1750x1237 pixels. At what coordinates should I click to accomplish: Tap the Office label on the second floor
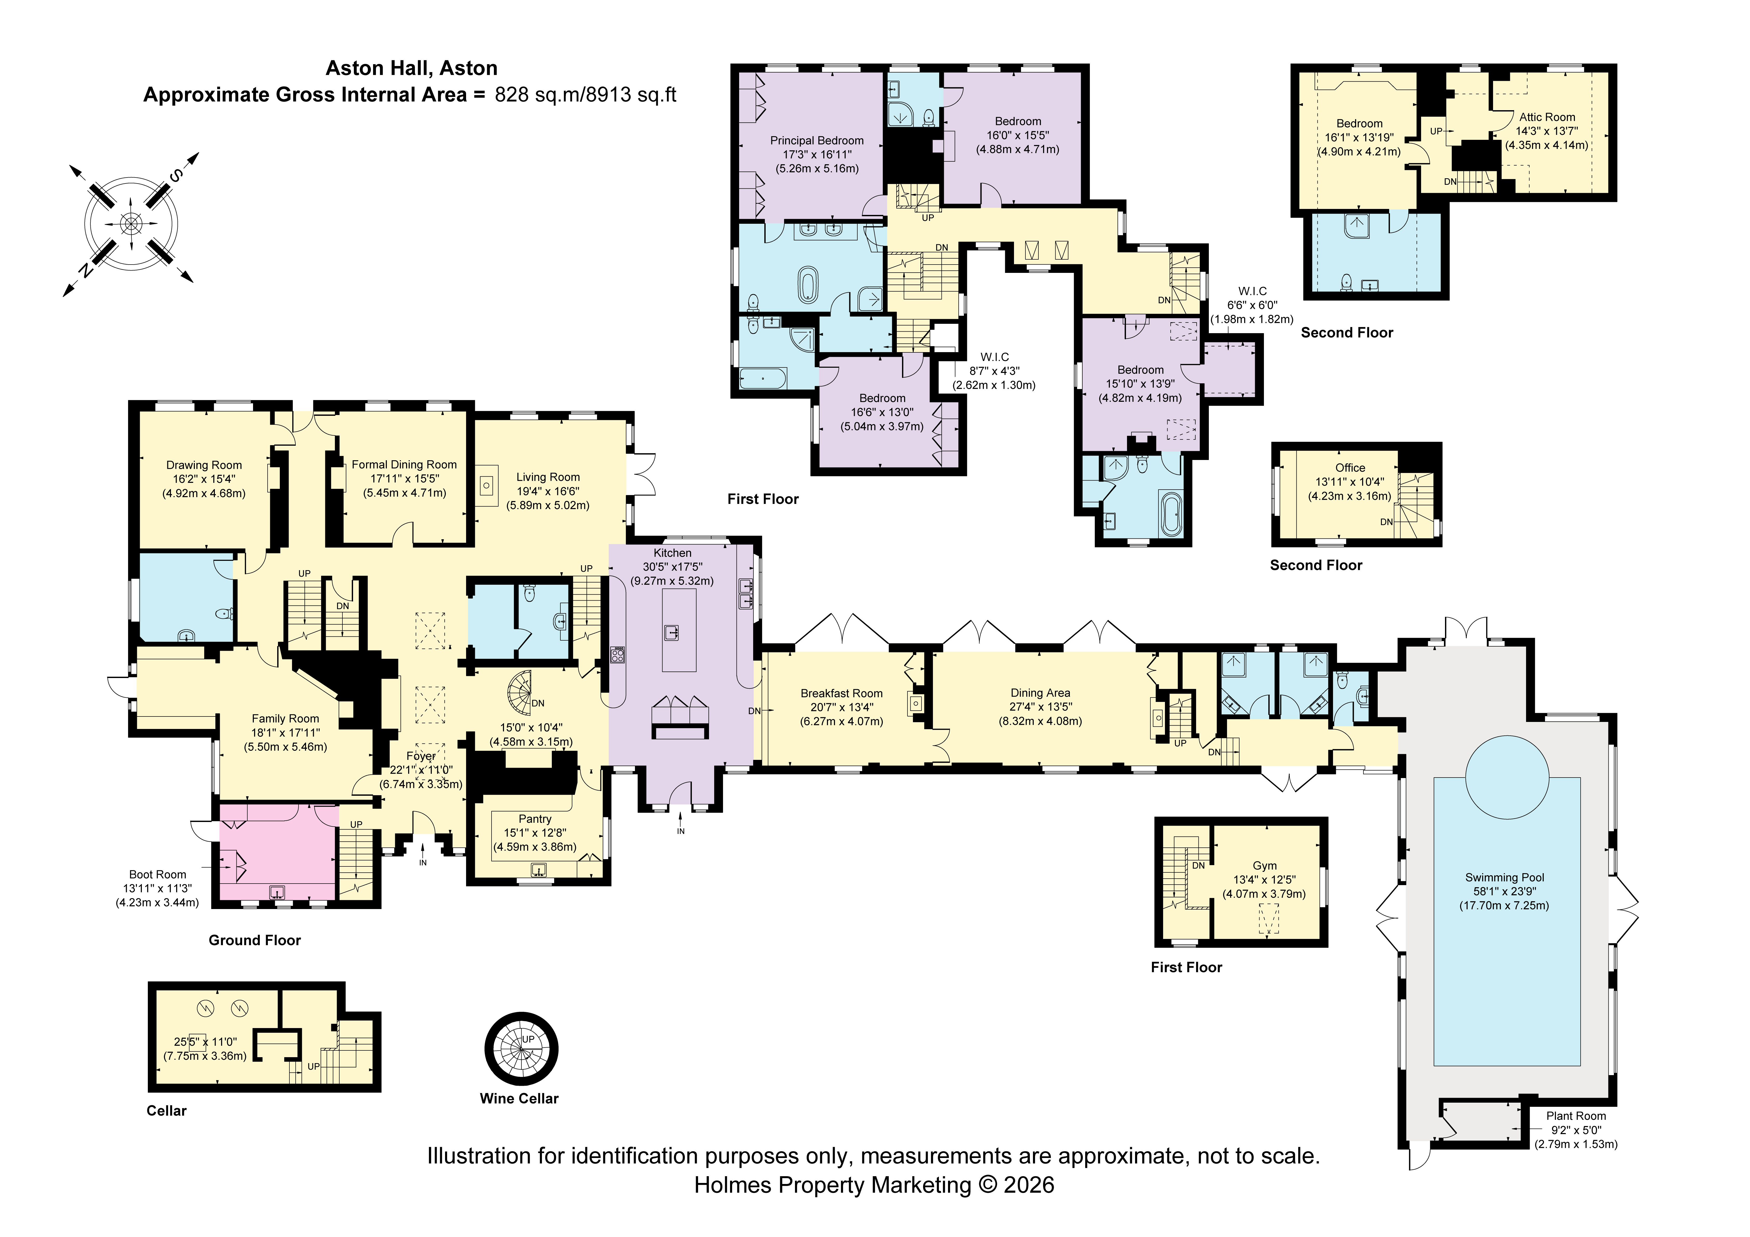click(x=1350, y=468)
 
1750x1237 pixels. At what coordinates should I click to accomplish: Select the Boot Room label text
click(x=158, y=875)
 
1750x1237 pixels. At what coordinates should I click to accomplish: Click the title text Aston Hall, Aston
click(x=412, y=68)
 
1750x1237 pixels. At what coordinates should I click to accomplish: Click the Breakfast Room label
click(x=841, y=693)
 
